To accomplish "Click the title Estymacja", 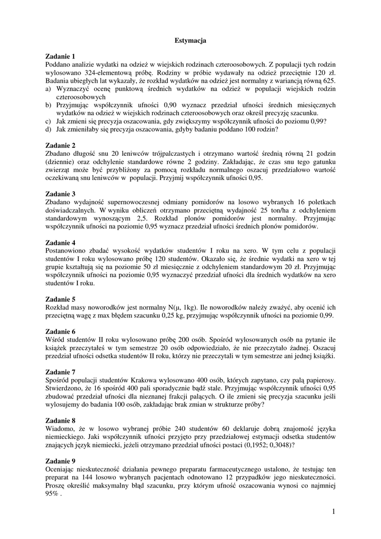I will point(190,40).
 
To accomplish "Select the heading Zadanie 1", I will point(61,56).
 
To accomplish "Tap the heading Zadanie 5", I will point(61,299).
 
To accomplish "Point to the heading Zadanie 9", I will point(61,461).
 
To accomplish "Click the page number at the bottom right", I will point(334,511).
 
